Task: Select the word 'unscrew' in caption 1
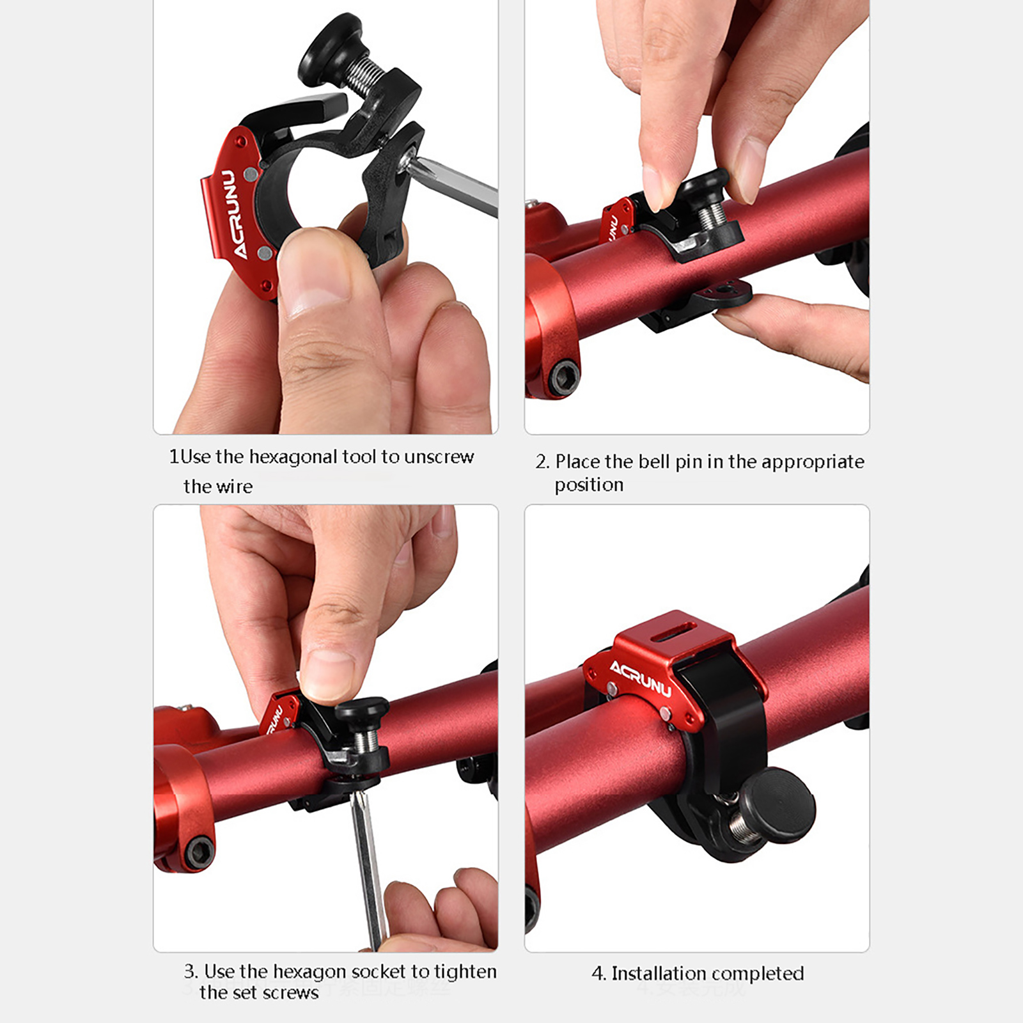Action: click(439, 457)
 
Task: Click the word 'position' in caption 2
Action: click(589, 485)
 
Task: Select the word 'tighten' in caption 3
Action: click(465, 972)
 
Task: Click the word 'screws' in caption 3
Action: click(290, 993)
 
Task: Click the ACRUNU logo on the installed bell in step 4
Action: click(640, 678)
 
